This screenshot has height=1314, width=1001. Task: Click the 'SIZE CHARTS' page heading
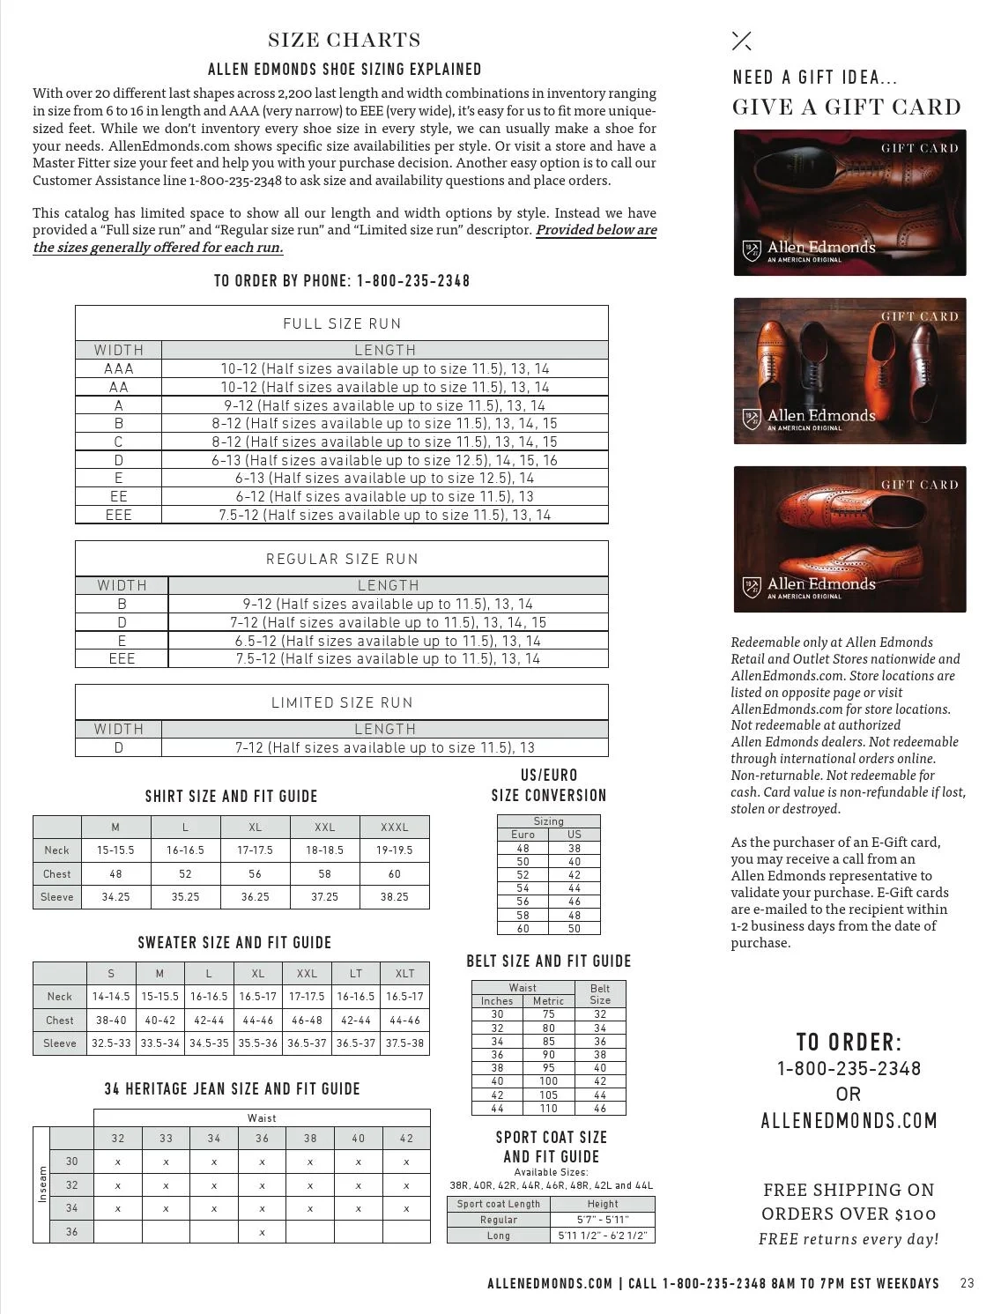point(344,41)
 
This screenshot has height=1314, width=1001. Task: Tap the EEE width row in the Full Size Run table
point(119,516)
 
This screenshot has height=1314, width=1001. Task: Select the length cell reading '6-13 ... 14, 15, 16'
point(384,460)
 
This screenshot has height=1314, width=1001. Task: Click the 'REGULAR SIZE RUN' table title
point(342,559)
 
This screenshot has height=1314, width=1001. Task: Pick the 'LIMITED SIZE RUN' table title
point(342,702)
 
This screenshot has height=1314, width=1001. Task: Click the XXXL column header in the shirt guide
point(394,828)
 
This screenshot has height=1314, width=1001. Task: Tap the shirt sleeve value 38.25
point(394,897)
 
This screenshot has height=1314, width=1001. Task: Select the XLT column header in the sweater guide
point(404,974)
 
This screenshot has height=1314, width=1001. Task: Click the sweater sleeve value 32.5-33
point(111,1043)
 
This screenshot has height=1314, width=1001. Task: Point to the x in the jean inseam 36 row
point(262,1232)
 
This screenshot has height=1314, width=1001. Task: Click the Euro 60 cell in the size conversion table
point(523,929)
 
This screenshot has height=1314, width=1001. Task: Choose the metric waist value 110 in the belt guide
point(548,1109)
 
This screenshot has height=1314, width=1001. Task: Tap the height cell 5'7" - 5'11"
point(603,1220)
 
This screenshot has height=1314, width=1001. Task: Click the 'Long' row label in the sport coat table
point(498,1236)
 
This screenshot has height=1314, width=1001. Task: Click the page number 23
point(967,1283)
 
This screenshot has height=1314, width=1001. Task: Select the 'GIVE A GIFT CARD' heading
point(846,108)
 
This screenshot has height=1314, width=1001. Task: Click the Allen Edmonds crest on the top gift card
point(751,251)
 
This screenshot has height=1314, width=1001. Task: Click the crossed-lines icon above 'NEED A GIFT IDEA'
point(742,41)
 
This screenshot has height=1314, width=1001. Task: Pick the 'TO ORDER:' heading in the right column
point(849,1042)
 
